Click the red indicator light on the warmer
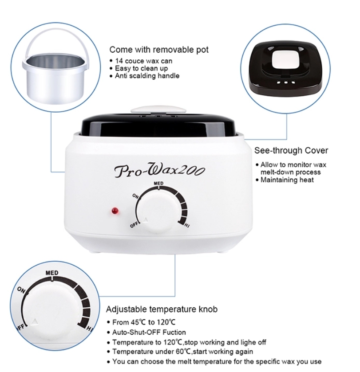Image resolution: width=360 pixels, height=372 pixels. [115, 211]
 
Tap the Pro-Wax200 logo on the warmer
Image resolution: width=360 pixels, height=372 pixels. [159, 171]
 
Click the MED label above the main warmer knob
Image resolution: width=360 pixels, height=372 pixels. [158, 184]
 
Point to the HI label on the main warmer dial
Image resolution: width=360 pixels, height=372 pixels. [187, 225]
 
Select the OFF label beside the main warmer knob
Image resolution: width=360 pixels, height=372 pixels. [134, 224]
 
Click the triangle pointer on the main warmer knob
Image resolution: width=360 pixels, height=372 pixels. [146, 220]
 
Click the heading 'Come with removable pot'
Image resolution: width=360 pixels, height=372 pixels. [159, 50]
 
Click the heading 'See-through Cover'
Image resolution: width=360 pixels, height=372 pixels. [291, 150]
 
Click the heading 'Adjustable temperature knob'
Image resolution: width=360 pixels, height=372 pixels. [162, 309]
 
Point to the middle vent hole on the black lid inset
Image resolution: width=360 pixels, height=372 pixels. [286, 82]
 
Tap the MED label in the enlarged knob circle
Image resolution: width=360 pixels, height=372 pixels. [52, 273]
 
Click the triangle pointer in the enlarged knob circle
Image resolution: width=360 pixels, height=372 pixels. [35, 321]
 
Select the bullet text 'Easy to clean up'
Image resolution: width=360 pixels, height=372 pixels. [141, 69]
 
